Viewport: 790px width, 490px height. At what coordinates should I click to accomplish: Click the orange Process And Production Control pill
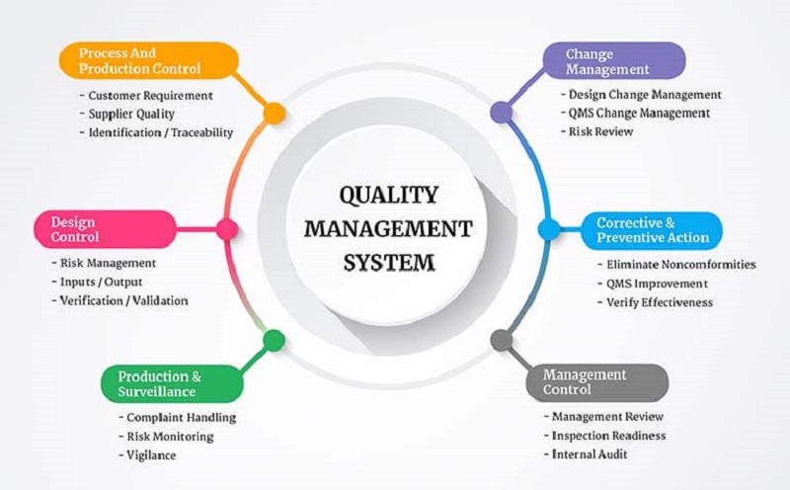click(x=149, y=60)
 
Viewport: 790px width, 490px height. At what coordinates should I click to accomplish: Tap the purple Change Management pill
click(x=614, y=60)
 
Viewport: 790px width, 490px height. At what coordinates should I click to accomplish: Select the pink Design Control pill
click(x=106, y=229)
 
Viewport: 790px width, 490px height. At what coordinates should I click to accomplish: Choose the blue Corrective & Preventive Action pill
click(x=652, y=230)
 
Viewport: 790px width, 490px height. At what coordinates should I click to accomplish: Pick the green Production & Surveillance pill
click(x=172, y=383)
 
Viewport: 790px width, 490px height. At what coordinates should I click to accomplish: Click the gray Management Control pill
click(x=597, y=382)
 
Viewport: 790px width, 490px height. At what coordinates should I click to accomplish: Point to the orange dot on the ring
click(x=275, y=114)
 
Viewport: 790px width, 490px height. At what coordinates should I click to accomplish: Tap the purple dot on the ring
click(x=502, y=112)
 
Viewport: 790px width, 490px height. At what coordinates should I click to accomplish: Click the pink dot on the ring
click(x=227, y=229)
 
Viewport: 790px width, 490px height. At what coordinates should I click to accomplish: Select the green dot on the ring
click(x=275, y=341)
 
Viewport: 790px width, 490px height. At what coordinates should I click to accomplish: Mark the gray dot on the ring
click(x=502, y=340)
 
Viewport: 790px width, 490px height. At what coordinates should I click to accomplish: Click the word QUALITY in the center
click(x=388, y=195)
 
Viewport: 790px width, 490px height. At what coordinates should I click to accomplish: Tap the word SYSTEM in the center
click(x=388, y=263)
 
